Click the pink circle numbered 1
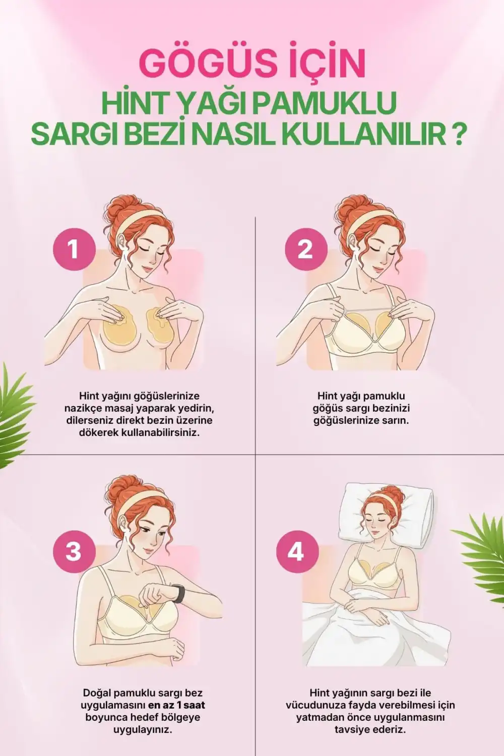(74, 249)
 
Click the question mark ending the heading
(457, 133)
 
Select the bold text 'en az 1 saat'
(176, 705)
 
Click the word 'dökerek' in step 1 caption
(99, 433)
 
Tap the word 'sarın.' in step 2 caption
(396, 420)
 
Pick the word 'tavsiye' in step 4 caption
(353, 729)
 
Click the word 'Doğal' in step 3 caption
(97, 693)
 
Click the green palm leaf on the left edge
(15, 413)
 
